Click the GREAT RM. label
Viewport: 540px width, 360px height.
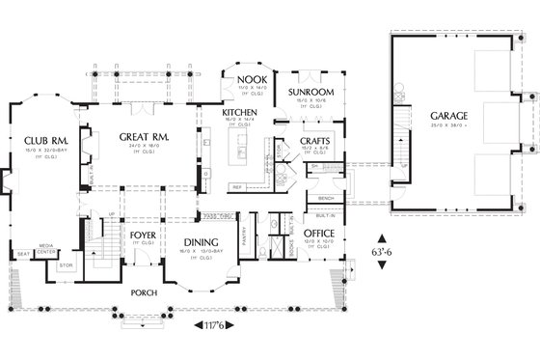(x=145, y=138)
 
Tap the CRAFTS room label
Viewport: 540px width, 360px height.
(x=317, y=141)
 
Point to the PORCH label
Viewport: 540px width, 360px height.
(x=146, y=290)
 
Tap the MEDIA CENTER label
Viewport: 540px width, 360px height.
(x=45, y=248)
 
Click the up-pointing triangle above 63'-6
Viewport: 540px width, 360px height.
(x=384, y=237)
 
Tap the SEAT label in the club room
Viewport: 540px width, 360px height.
(x=22, y=255)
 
